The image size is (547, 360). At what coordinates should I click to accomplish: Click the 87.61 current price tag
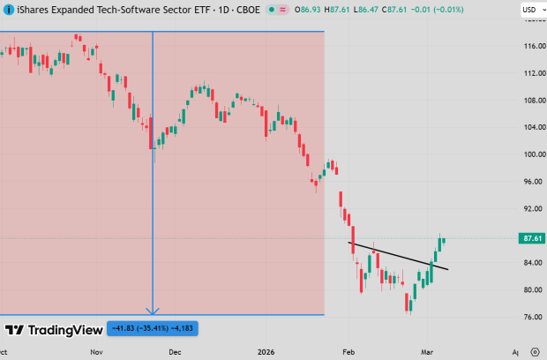[x=531, y=238]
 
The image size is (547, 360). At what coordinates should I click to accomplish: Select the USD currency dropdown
[x=529, y=10]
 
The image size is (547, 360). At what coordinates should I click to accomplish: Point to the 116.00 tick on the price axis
[x=530, y=45]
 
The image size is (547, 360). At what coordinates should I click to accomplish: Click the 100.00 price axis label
[x=530, y=154]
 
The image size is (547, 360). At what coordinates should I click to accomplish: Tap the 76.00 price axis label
[x=530, y=317]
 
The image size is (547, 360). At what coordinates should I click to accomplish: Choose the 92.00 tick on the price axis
[x=530, y=209]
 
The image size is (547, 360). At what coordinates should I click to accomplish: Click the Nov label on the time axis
[x=98, y=350]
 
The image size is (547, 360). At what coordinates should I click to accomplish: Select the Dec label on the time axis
[x=176, y=350]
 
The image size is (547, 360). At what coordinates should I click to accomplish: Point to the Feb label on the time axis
[x=348, y=350]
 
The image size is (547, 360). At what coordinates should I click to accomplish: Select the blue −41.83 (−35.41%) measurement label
[x=153, y=329]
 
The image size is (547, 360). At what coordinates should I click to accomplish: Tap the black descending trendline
[x=397, y=254]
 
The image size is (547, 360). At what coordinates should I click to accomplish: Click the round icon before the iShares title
[x=8, y=10]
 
